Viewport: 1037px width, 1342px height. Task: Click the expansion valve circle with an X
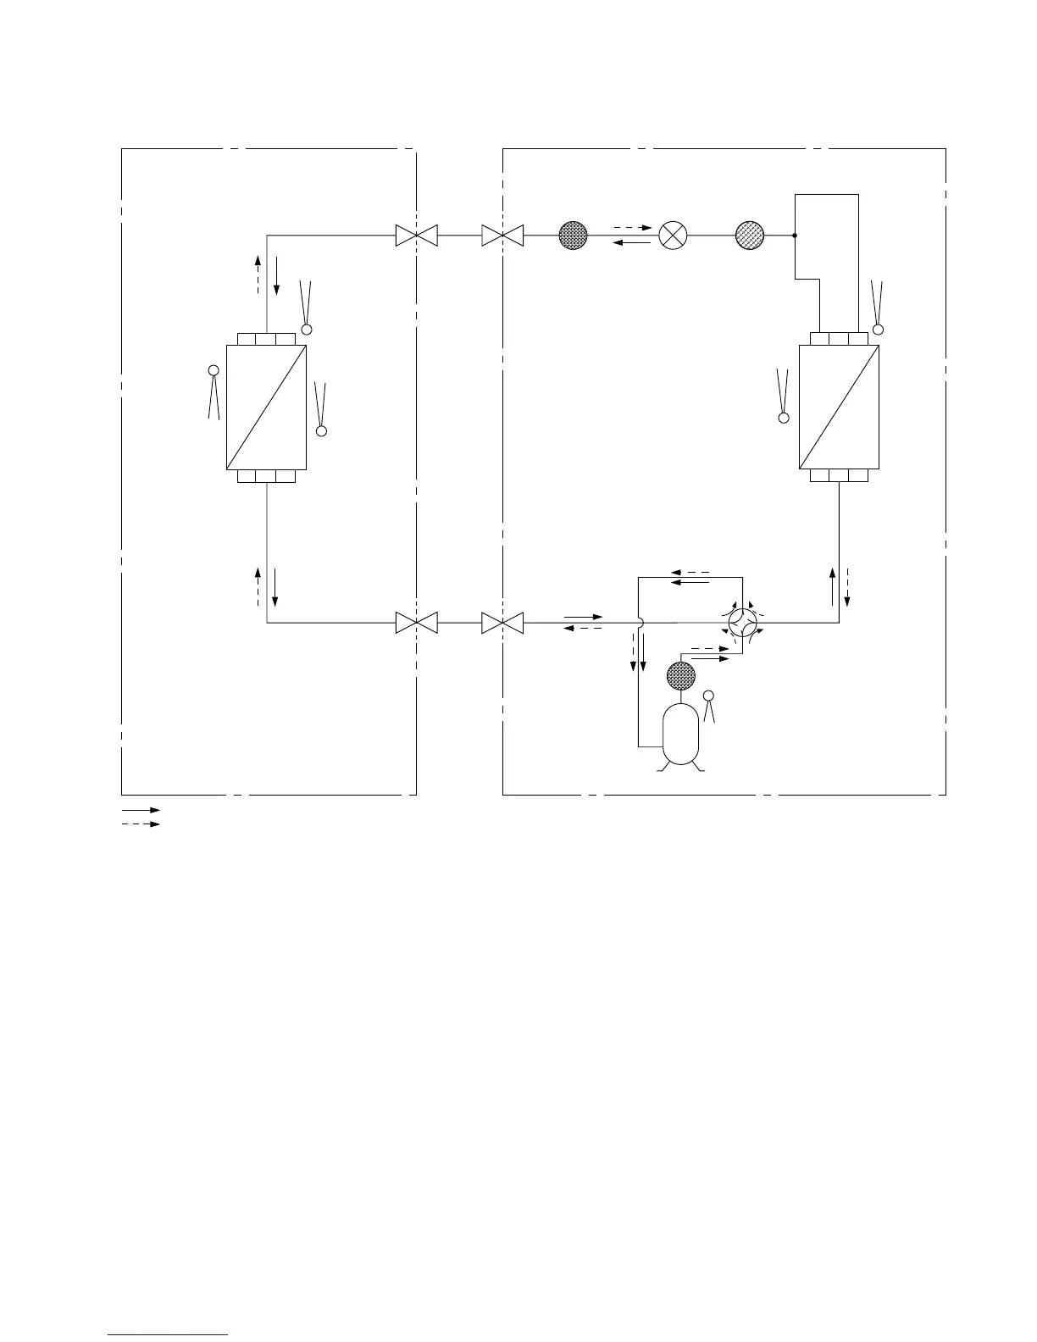click(673, 236)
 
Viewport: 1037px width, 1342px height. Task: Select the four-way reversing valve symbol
click(743, 623)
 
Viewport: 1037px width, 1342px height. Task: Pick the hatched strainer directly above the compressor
click(680, 676)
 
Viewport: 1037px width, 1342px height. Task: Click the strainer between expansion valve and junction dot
click(750, 236)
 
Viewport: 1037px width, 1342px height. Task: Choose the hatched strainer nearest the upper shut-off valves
click(574, 236)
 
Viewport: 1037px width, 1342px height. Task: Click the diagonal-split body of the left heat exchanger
click(266, 407)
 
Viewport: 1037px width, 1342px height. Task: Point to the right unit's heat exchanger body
click(839, 407)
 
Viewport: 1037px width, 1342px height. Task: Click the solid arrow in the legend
click(141, 811)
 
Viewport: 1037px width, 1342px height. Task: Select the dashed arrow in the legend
click(141, 823)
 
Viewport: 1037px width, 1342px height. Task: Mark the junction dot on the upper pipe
click(794, 236)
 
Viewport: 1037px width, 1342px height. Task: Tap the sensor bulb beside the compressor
click(709, 696)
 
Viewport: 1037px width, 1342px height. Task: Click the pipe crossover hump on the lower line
click(641, 623)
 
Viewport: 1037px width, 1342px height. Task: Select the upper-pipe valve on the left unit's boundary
click(416, 236)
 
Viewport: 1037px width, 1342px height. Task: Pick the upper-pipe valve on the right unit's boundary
click(502, 236)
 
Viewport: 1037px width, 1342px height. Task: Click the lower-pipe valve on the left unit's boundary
click(416, 623)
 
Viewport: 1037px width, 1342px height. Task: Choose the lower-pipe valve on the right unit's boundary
click(502, 623)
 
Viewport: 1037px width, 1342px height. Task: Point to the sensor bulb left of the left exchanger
click(213, 370)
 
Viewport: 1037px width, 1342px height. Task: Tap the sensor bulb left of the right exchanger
click(784, 417)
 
